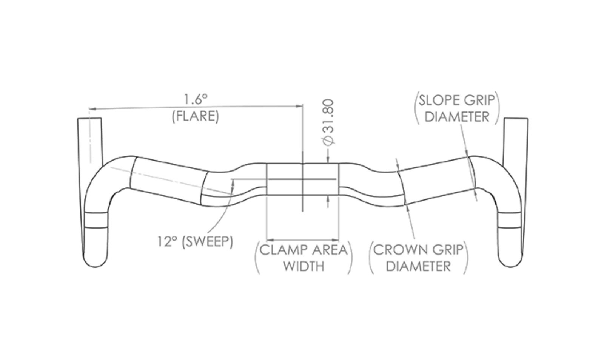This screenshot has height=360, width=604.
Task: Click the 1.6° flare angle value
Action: point(196,99)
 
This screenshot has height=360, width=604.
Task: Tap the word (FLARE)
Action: point(196,116)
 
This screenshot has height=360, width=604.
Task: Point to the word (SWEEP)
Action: point(207,241)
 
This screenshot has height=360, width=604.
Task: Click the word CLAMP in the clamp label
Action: point(284,250)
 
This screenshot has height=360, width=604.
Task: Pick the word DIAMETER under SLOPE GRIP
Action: point(457,117)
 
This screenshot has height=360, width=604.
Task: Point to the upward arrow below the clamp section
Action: point(328,198)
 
